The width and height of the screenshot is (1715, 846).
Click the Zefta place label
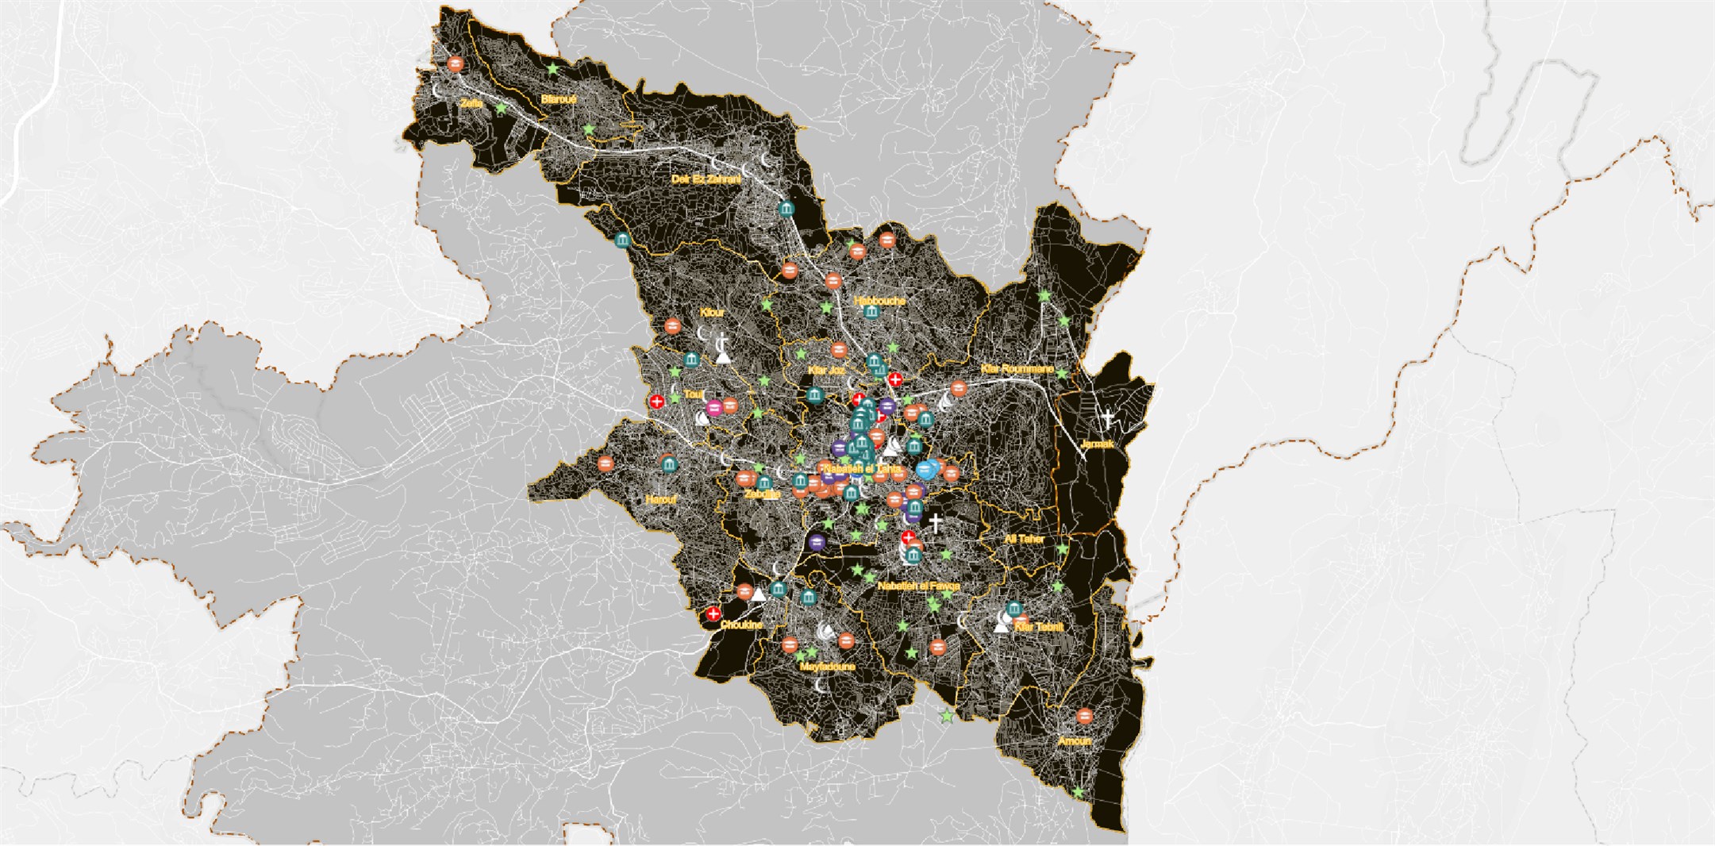(x=471, y=103)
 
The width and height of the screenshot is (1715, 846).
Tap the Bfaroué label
(x=558, y=99)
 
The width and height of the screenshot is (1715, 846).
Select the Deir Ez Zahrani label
(x=706, y=179)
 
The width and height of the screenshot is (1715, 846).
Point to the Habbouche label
(x=879, y=301)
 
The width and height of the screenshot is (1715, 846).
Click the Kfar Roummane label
(x=1017, y=369)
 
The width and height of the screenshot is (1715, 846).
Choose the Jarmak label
(x=1098, y=444)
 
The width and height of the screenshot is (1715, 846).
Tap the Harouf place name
(x=661, y=500)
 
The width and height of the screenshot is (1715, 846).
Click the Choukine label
(x=741, y=625)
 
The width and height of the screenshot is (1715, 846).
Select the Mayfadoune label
(x=827, y=667)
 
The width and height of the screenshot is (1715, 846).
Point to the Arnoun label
(x=1075, y=741)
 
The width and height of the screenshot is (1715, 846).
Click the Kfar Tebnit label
(x=1039, y=627)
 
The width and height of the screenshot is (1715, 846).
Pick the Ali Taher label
(x=1024, y=539)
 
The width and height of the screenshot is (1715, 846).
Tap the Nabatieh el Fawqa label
(x=918, y=586)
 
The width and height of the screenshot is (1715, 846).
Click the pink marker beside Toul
(x=714, y=408)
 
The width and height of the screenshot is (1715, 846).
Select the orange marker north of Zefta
(x=455, y=64)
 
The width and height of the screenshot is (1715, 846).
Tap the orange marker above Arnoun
(x=1084, y=717)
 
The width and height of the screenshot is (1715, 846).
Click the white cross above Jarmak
(x=1107, y=418)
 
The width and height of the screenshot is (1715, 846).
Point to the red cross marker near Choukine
(x=713, y=613)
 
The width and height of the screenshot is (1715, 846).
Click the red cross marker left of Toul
(x=656, y=402)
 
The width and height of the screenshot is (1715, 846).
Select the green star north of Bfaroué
(x=553, y=70)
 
